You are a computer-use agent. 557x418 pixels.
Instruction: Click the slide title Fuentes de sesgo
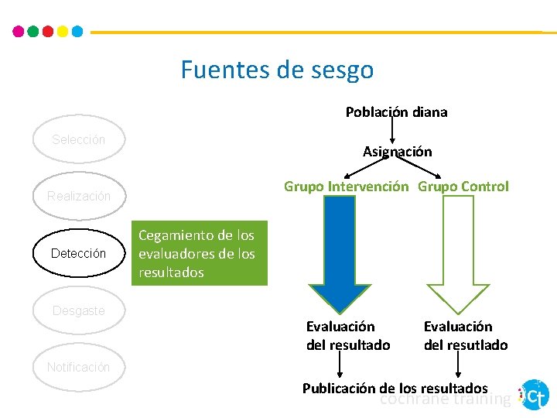point(277,70)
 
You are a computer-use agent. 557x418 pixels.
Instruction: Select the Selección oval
point(78,140)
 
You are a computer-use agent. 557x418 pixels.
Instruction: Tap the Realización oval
point(78,197)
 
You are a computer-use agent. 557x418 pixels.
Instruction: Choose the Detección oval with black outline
point(78,253)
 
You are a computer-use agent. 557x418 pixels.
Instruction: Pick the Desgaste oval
point(78,310)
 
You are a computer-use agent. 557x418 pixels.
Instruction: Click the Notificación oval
point(78,367)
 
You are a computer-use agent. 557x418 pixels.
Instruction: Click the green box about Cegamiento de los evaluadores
point(199,254)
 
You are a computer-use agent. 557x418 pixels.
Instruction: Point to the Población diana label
point(396,112)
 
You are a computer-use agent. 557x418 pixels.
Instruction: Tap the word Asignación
point(397,152)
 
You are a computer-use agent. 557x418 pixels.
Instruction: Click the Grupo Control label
point(463,187)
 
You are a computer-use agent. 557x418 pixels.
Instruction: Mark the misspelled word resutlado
point(478,344)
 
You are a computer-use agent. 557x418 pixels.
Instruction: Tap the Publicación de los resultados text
point(395,388)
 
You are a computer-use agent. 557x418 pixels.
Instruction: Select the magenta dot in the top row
point(19,32)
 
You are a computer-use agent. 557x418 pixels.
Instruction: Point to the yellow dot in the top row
point(63,32)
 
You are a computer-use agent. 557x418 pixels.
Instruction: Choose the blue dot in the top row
point(77,32)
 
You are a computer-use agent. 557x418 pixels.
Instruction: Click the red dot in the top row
point(48,32)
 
